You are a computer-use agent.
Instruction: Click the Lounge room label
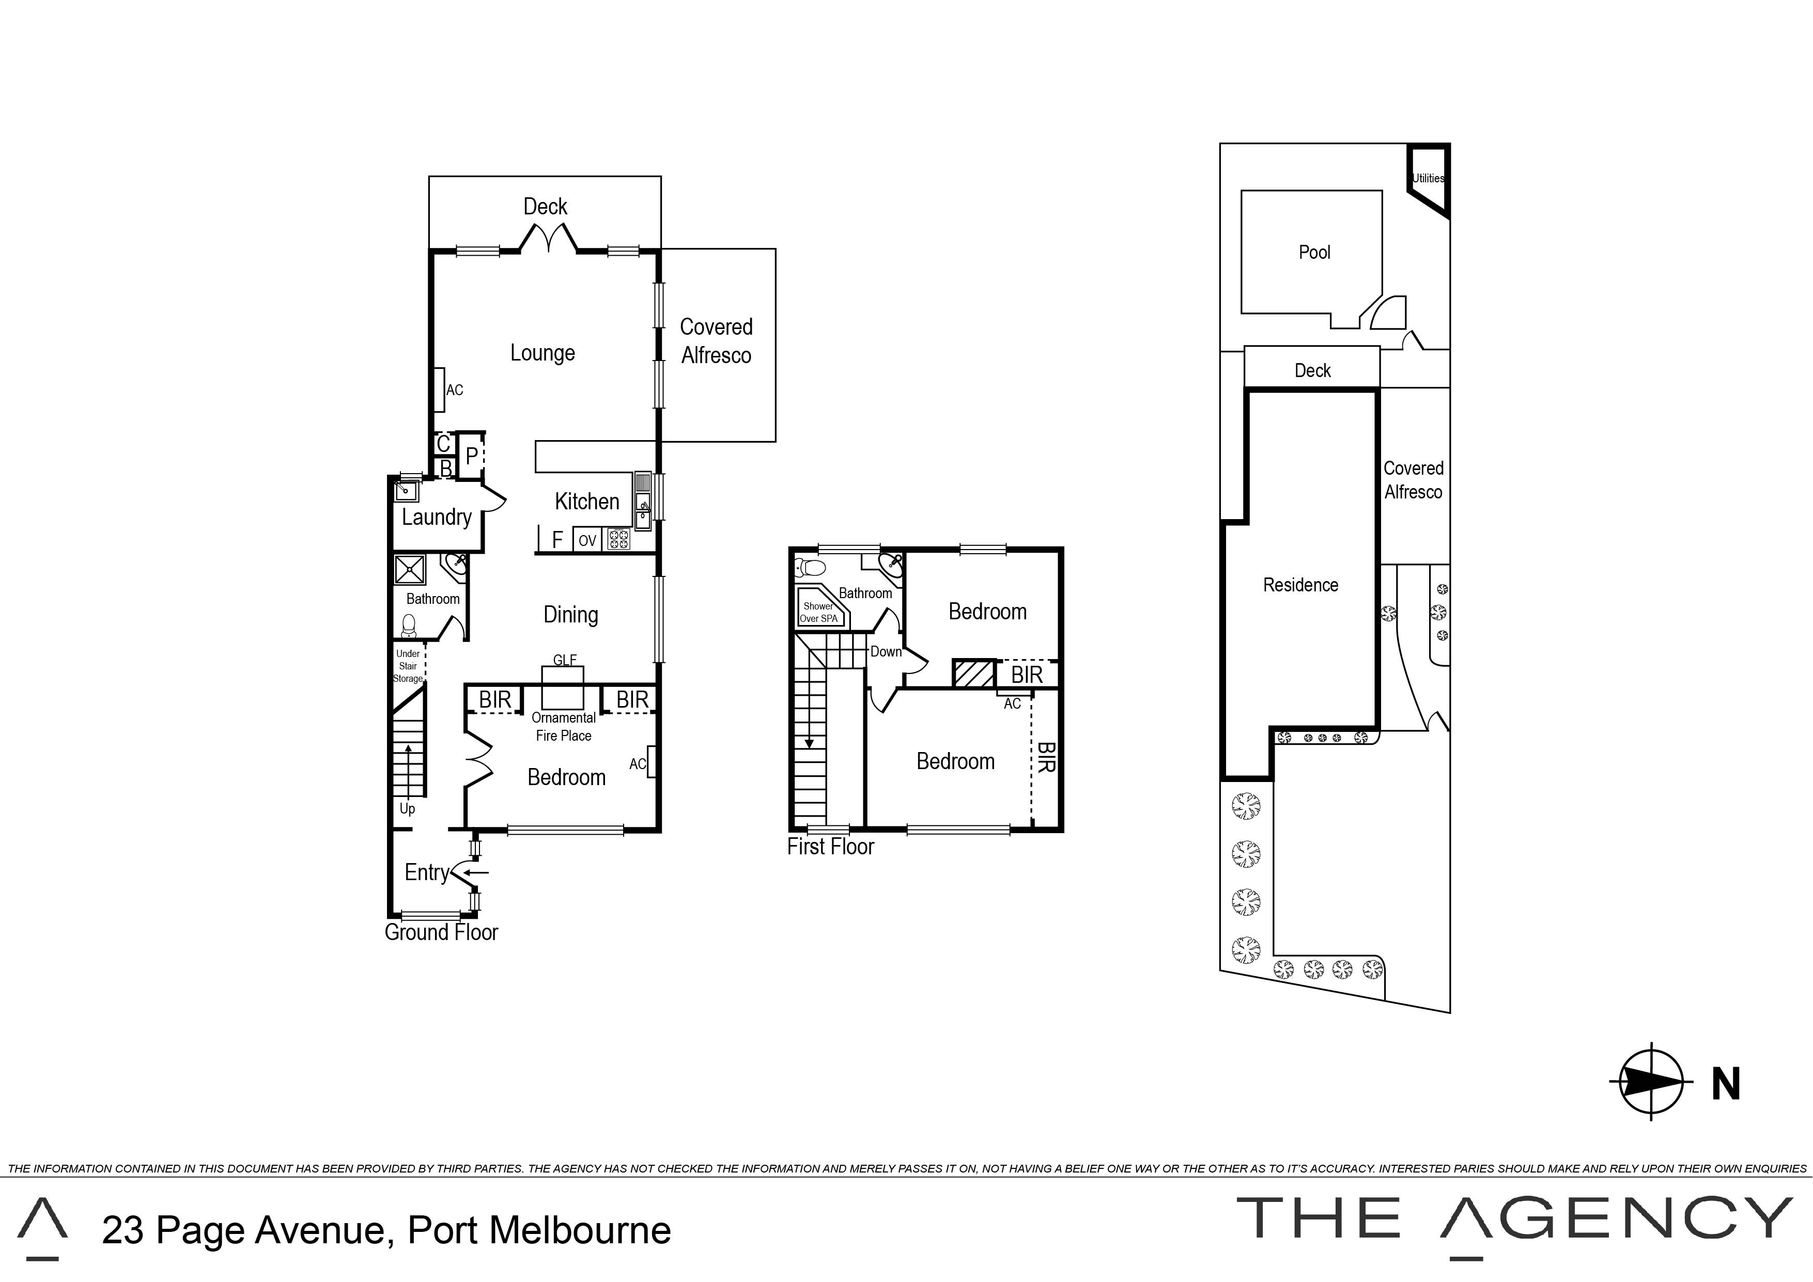pyautogui.click(x=543, y=353)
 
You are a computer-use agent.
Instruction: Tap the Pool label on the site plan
pyautogui.click(x=1315, y=253)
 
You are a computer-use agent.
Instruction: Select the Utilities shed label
pyautogui.click(x=1429, y=178)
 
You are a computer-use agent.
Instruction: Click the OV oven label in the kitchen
pyautogui.click(x=587, y=541)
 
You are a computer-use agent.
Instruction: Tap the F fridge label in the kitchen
pyautogui.click(x=557, y=540)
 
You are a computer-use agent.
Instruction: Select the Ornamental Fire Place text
pyautogui.click(x=564, y=726)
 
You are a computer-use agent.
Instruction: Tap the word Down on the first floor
pyautogui.click(x=886, y=652)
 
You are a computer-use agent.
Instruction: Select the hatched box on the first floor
pyautogui.click(x=973, y=674)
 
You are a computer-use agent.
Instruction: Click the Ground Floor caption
pyautogui.click(x=441, y=932)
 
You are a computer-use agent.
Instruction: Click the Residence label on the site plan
pyautogui.click(x=1300, y=585)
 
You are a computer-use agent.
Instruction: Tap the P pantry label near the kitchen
pyautogui.click(x=471, y=456)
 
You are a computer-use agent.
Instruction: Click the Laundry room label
pyautogui.click(x=437, y=517)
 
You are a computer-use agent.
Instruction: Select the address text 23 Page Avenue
pyautogui.click(x=246, y=1230)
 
